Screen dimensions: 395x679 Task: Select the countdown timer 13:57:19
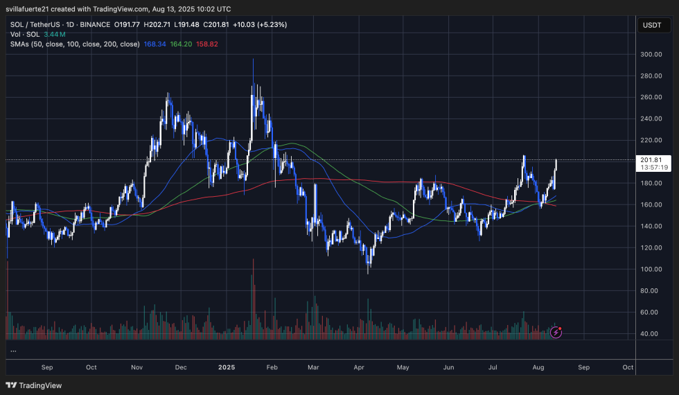[655, 167]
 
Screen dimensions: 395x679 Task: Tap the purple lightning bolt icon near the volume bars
[556, 333]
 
